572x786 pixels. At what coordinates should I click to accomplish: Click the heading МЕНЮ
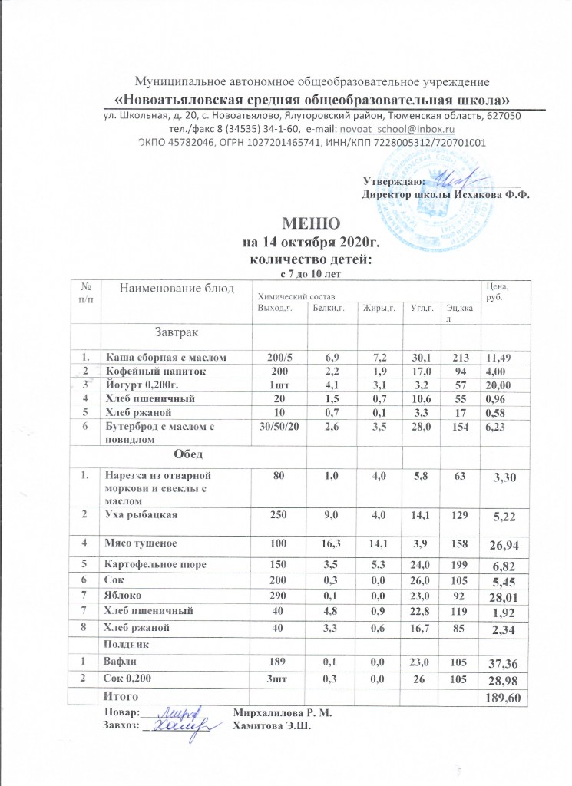[311, 224]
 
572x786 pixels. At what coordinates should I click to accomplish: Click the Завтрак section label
[177, 332]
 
